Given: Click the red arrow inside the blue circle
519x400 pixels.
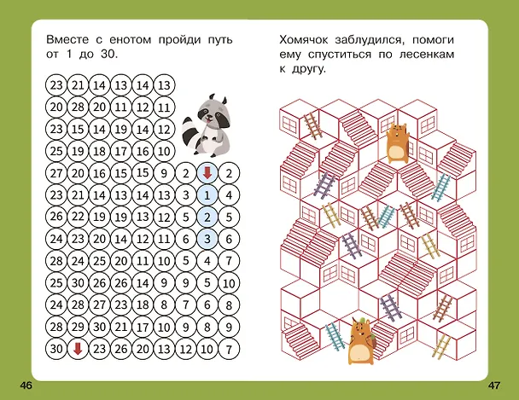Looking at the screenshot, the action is pyautogui.click(x=207, y=173).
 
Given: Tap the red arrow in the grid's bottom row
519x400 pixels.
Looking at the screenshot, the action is pyautogui.click(x=78, y=349).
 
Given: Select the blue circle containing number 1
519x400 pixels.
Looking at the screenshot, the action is pyautogui.click(x=207, y=195).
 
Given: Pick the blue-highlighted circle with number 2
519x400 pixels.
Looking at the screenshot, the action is pyautogui.click(x=207, y=217).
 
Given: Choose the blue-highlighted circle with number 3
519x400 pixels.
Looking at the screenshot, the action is pyautogui.click(x=207, y=239).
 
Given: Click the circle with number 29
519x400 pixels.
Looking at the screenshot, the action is pyautogui.click(x=78, y=327).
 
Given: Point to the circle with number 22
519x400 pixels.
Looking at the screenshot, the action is pyautogui.click(x=78, y=217).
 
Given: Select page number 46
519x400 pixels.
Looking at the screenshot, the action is pyautogui.click(x=26, y=386).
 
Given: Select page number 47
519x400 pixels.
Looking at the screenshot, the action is pyautogui.click(x=494, y=386).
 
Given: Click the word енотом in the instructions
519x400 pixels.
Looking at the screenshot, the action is pyautogui.click(x=130, y=40).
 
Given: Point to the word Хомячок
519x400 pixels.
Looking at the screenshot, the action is pyautogui.click(x=304, y=40).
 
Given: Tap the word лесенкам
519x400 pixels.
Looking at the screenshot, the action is pyautogui.click(x=427, y=55).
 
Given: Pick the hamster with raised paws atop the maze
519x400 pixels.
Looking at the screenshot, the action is pyautogui.click(x=397, y=142).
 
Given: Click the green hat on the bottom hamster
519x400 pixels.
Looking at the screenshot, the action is pyautogui.click(x=361, y=320).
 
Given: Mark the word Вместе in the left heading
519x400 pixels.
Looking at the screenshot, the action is pyautogui.click(x=67, y=40).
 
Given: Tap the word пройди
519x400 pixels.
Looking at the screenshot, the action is pyautogui.click(x=180, y=40).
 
